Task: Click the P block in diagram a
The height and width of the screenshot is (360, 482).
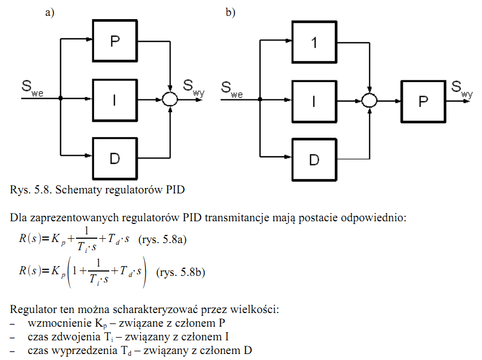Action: coord(115,42)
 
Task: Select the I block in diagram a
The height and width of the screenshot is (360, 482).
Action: coord(115,99)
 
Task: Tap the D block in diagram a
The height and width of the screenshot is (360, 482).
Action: coord(115,158)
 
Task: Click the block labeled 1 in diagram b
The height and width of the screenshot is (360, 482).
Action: coord(314,42)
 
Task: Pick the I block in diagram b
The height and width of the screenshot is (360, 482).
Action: coord(314,99)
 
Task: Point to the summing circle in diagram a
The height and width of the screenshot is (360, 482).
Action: coord(171,99)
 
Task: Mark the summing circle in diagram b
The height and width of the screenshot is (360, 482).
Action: coord(370,99)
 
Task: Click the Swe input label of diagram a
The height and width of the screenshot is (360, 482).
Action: coord(32,88)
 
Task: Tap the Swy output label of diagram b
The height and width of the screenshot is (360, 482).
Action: coord(462,88)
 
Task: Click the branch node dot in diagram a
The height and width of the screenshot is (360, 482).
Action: coord(61,99)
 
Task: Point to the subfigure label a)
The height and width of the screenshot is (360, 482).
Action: coord(50,13)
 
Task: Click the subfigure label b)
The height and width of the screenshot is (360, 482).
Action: coord(231,13)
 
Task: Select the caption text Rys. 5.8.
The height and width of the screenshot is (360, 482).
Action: coord(30,190)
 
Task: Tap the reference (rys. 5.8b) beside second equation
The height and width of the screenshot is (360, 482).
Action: coord(180,272)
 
